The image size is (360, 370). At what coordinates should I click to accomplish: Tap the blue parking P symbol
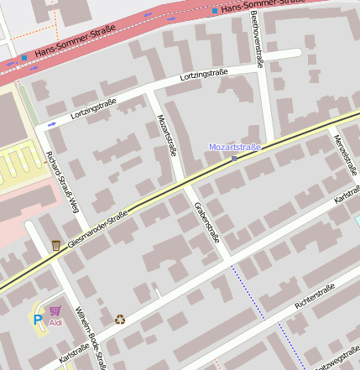coord(37,320)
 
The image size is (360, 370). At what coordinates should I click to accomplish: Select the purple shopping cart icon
coord(55,310)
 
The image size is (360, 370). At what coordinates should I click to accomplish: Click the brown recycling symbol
coord(120,319)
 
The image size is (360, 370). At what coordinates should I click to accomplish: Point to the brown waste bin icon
coord(55,245)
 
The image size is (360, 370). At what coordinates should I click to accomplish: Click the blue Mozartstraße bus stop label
coord(235,147)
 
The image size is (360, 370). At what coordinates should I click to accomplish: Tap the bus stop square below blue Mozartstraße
coord(234,158)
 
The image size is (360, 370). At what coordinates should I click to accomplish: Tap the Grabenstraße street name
coord(206,221)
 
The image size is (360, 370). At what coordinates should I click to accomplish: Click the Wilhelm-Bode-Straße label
coord(90,336)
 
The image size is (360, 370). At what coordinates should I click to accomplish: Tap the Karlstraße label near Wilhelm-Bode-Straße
coord(74,354)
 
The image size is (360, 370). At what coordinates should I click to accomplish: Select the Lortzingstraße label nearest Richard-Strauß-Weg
coord(93,107)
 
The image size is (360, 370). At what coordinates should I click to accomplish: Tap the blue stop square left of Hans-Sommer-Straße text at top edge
coord(215,10)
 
